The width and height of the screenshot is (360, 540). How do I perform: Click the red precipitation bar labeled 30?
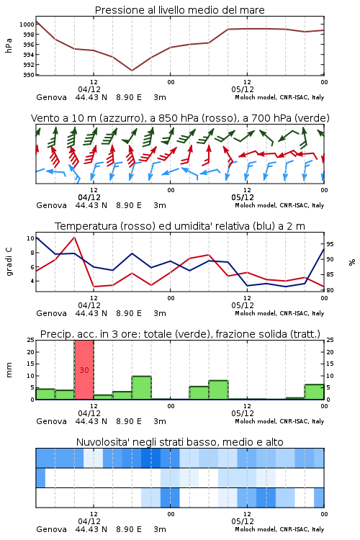click(x=84, y=370)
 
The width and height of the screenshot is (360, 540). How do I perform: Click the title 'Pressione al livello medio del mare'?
click(x=180, y=10)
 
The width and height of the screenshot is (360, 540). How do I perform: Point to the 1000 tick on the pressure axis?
click(x=27, y=24)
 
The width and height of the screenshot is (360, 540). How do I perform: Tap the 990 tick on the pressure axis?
click(x=29, y=75)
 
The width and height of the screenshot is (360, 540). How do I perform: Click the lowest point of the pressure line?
click(x=132, y=71)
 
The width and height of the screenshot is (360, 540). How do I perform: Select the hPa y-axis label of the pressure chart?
click(x=9, y=45)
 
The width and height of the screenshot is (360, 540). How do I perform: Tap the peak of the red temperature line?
click(x=74, y=238)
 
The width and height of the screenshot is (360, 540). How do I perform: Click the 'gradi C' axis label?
click(x=9, y=261)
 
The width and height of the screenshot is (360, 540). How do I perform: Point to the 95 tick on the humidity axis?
click(x=330, y=244)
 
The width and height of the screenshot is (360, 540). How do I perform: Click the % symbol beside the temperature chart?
click(x=352, y=262)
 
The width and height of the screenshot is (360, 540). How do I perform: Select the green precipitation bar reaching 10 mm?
click(x=142, y=388)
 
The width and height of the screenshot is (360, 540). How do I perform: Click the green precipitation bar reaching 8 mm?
click(x=218, y=390)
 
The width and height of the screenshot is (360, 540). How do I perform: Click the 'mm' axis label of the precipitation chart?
click(x=9, y=370)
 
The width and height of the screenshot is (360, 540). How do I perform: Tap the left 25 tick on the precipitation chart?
click(x=30, y=340)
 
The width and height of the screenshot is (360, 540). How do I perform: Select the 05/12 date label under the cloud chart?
click(x=243, y=521)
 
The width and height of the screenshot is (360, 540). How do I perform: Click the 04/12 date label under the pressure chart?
click(x=89, y=89)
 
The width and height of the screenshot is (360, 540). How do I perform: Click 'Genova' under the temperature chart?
click(x=51, y=313)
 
